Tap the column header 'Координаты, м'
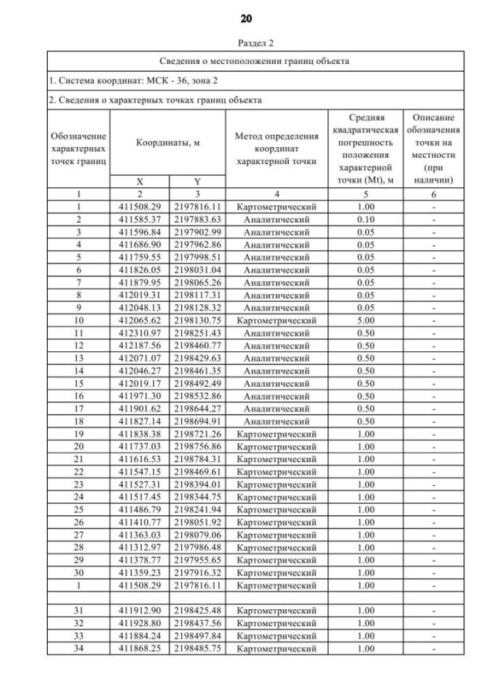click(x=168, y=143)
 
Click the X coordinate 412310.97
click(x=139, y=333)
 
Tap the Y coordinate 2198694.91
click(x=197, y=421)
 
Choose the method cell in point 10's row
click(x=277, y=320)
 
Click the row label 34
click(x=79, y=648)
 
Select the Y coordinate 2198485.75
click(x=197, y=648)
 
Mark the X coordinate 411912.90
click(x=139, y=611)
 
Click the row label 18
click(x=79, y=421)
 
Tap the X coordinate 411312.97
click(x=139, y=548)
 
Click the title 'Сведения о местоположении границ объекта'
click(x=254, y=60)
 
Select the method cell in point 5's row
click(x=277, y=257)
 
